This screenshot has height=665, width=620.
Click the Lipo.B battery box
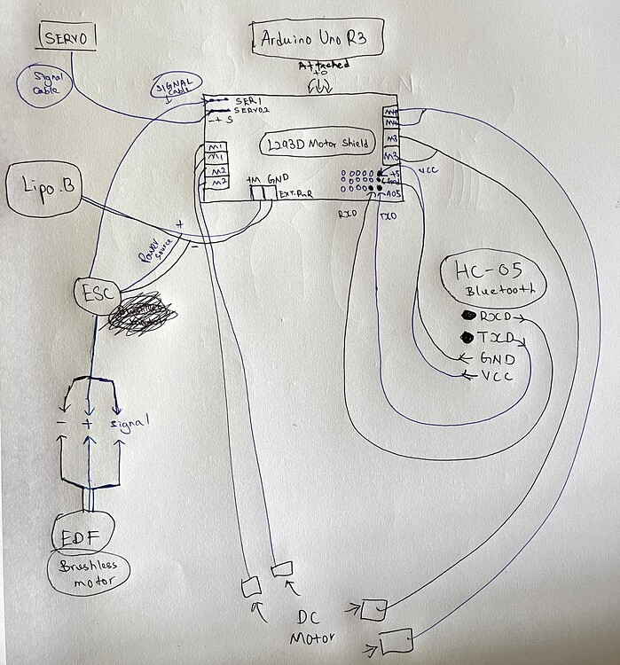coord(42,187)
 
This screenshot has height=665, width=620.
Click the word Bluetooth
coord(494,293)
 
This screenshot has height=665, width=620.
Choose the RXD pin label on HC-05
coord(494,317)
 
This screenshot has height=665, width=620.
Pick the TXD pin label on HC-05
coord(494,338)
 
